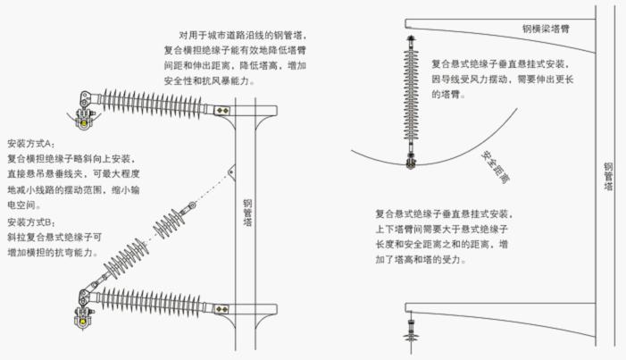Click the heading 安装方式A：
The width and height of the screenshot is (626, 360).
(31, 144)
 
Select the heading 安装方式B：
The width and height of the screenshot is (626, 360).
(31, 222)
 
